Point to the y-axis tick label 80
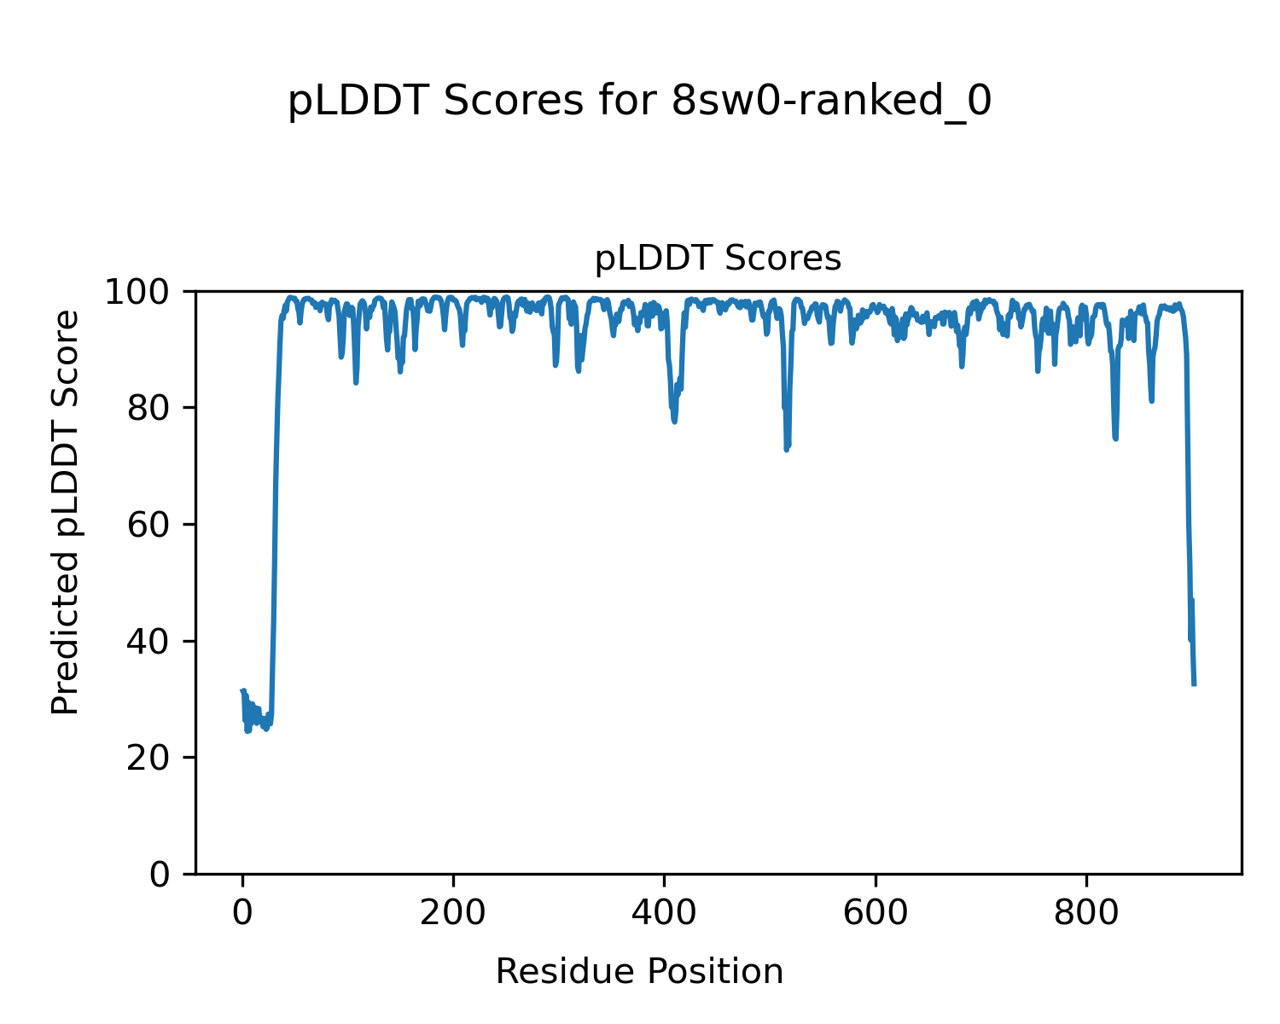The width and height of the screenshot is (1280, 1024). pos(147,409)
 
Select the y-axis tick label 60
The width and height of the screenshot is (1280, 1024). pos(147,526)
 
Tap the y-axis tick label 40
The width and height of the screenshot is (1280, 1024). pos(147,642)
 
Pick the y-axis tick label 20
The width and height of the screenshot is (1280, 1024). pos(147,759)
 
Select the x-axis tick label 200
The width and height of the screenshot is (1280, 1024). pos(453,914)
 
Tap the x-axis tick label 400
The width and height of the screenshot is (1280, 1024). pos(664,914)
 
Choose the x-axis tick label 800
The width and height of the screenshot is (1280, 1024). pos(1086,914)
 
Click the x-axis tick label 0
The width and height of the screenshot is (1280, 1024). pos(242,914)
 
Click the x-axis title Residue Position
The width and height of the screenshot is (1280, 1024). pos(639,972)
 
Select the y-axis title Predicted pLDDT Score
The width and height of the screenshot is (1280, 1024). pos(66,512)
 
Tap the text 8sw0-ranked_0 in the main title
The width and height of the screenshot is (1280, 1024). pos(831,102)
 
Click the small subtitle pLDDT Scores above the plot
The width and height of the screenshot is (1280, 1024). pos(718,259)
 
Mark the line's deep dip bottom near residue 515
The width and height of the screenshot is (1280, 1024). pos(786,449)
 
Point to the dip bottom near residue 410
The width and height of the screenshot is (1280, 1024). pos(674,422)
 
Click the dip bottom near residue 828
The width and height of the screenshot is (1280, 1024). pos(1115,439)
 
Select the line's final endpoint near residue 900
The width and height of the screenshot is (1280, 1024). pos(1194,684)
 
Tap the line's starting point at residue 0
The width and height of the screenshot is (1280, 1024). pos(242,691)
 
